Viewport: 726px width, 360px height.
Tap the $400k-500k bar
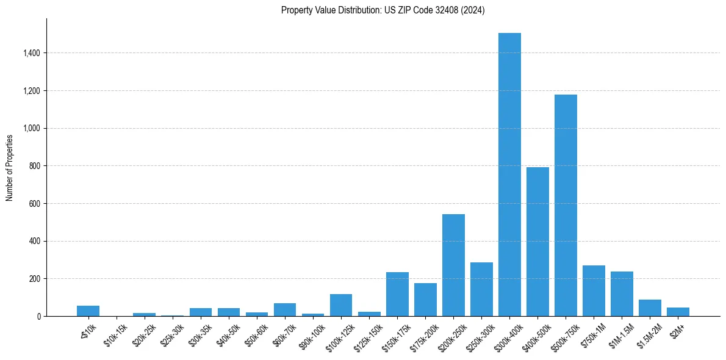coord(537,242)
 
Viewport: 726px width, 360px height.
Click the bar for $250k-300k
coord(481,289)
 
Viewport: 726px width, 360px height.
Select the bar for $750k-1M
coord(594,290)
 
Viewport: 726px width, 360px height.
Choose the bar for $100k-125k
coord(341,305)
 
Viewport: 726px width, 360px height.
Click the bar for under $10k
coord(88,311)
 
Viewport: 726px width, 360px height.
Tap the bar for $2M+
coord(678,312)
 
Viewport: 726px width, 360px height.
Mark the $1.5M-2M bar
coord(650,308)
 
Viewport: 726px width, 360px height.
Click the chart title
coord(383,10)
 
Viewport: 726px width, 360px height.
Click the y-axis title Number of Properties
coord(10,167)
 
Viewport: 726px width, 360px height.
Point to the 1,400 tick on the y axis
coord(32,53)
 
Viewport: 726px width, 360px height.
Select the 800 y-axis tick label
coord(34,166)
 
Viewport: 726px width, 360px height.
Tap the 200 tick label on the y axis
coord(34,279)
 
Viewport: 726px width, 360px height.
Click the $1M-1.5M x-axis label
coord(620,334)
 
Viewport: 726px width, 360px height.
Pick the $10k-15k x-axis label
coord(115,334)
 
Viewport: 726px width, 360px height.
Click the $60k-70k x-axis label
coord(284,334)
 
